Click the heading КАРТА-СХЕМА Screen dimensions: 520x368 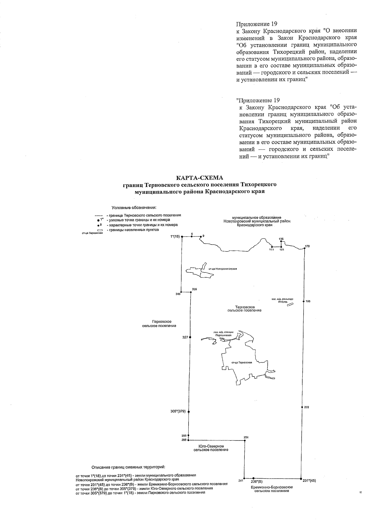tap(200, 178)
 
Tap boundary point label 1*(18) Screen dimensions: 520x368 tap(175, 237)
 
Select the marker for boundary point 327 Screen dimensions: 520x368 tap(190, 337)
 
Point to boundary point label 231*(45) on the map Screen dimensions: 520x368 tap(309, 481)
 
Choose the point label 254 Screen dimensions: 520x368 tap(246, 437)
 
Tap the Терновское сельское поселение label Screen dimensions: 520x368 tap(244, 309)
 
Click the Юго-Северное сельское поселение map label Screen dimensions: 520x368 tap(211, 448)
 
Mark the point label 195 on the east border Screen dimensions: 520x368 tap(308, 301)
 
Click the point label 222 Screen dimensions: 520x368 tap(307, 407)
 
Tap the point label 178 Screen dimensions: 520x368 tap(308, 246)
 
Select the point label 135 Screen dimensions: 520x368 tap(281, 239)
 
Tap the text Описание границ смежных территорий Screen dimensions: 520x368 tap(128, 467)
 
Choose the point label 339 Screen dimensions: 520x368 tap(194, 289)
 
